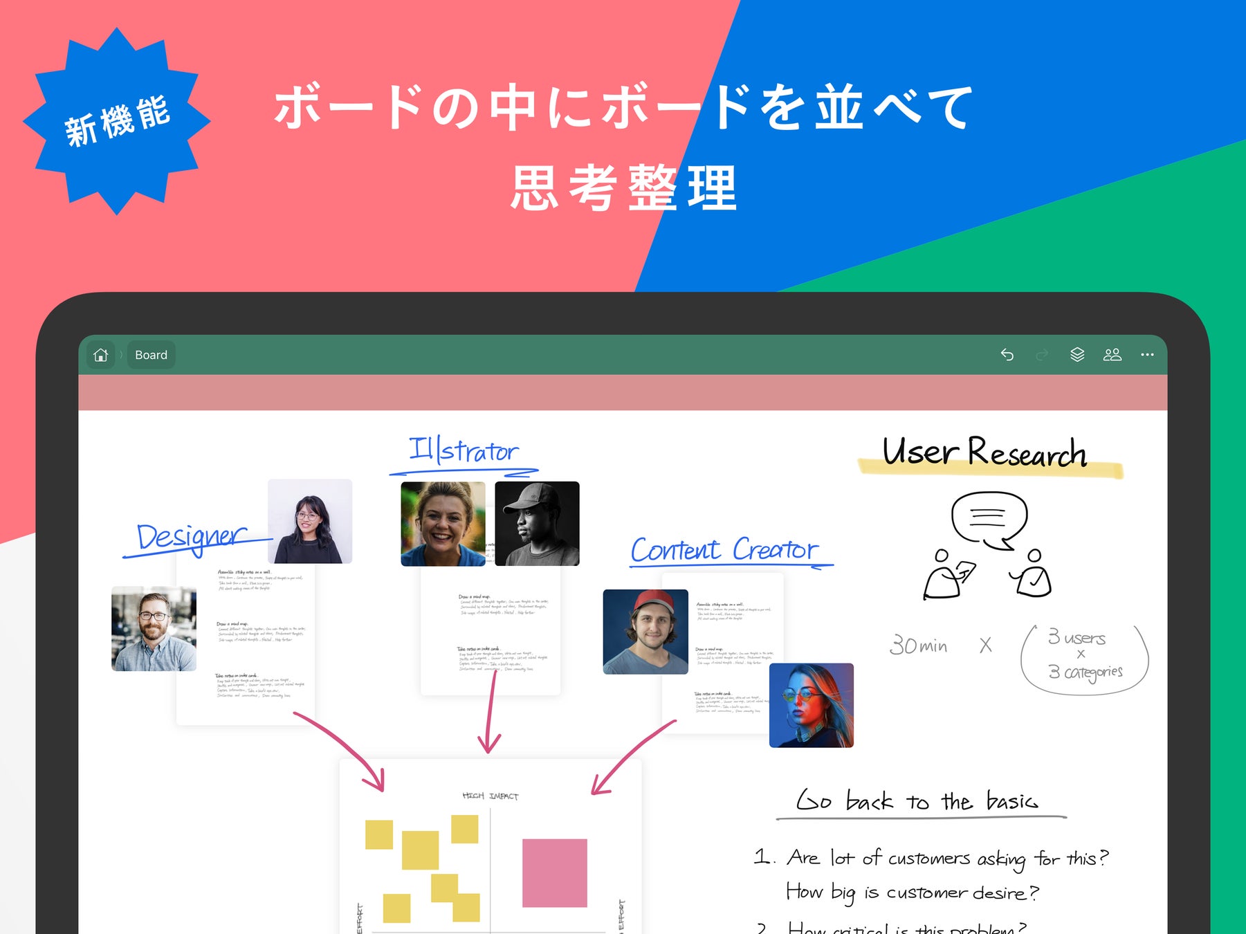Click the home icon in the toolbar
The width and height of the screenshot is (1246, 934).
pos(101,355)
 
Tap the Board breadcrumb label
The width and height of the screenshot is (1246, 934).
pos(151,355)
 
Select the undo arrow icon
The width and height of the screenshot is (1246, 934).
pos(1007,355)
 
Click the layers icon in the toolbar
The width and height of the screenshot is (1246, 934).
pos(1077,355)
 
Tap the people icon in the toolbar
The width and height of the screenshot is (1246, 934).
pos(1112,355)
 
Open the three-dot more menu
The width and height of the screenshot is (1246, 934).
pos(1147,355)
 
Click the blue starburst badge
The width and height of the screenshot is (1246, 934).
pos(116,122)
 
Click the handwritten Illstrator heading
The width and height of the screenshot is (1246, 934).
pos(464,451)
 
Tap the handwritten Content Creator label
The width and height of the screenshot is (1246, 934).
pos(725,550)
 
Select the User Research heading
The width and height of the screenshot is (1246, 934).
pos(984,453)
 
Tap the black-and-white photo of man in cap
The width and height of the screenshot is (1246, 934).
pos(537,524)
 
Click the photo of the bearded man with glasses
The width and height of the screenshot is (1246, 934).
pos(154,629)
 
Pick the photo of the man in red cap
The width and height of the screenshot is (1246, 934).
pos(645,632)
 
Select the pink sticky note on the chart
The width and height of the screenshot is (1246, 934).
pos(554,873)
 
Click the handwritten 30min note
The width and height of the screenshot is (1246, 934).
pos(919,645)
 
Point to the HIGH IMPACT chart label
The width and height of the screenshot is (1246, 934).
pos(490,796)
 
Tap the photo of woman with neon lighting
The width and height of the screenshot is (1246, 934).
pos(812,705)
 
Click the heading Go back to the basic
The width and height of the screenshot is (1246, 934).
pos(917,801)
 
